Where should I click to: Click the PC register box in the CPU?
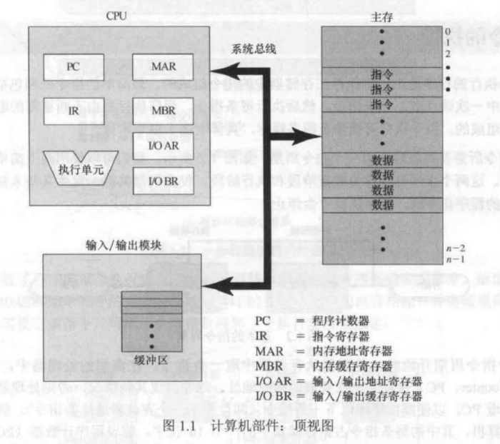72,67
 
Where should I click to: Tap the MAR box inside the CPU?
159,67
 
